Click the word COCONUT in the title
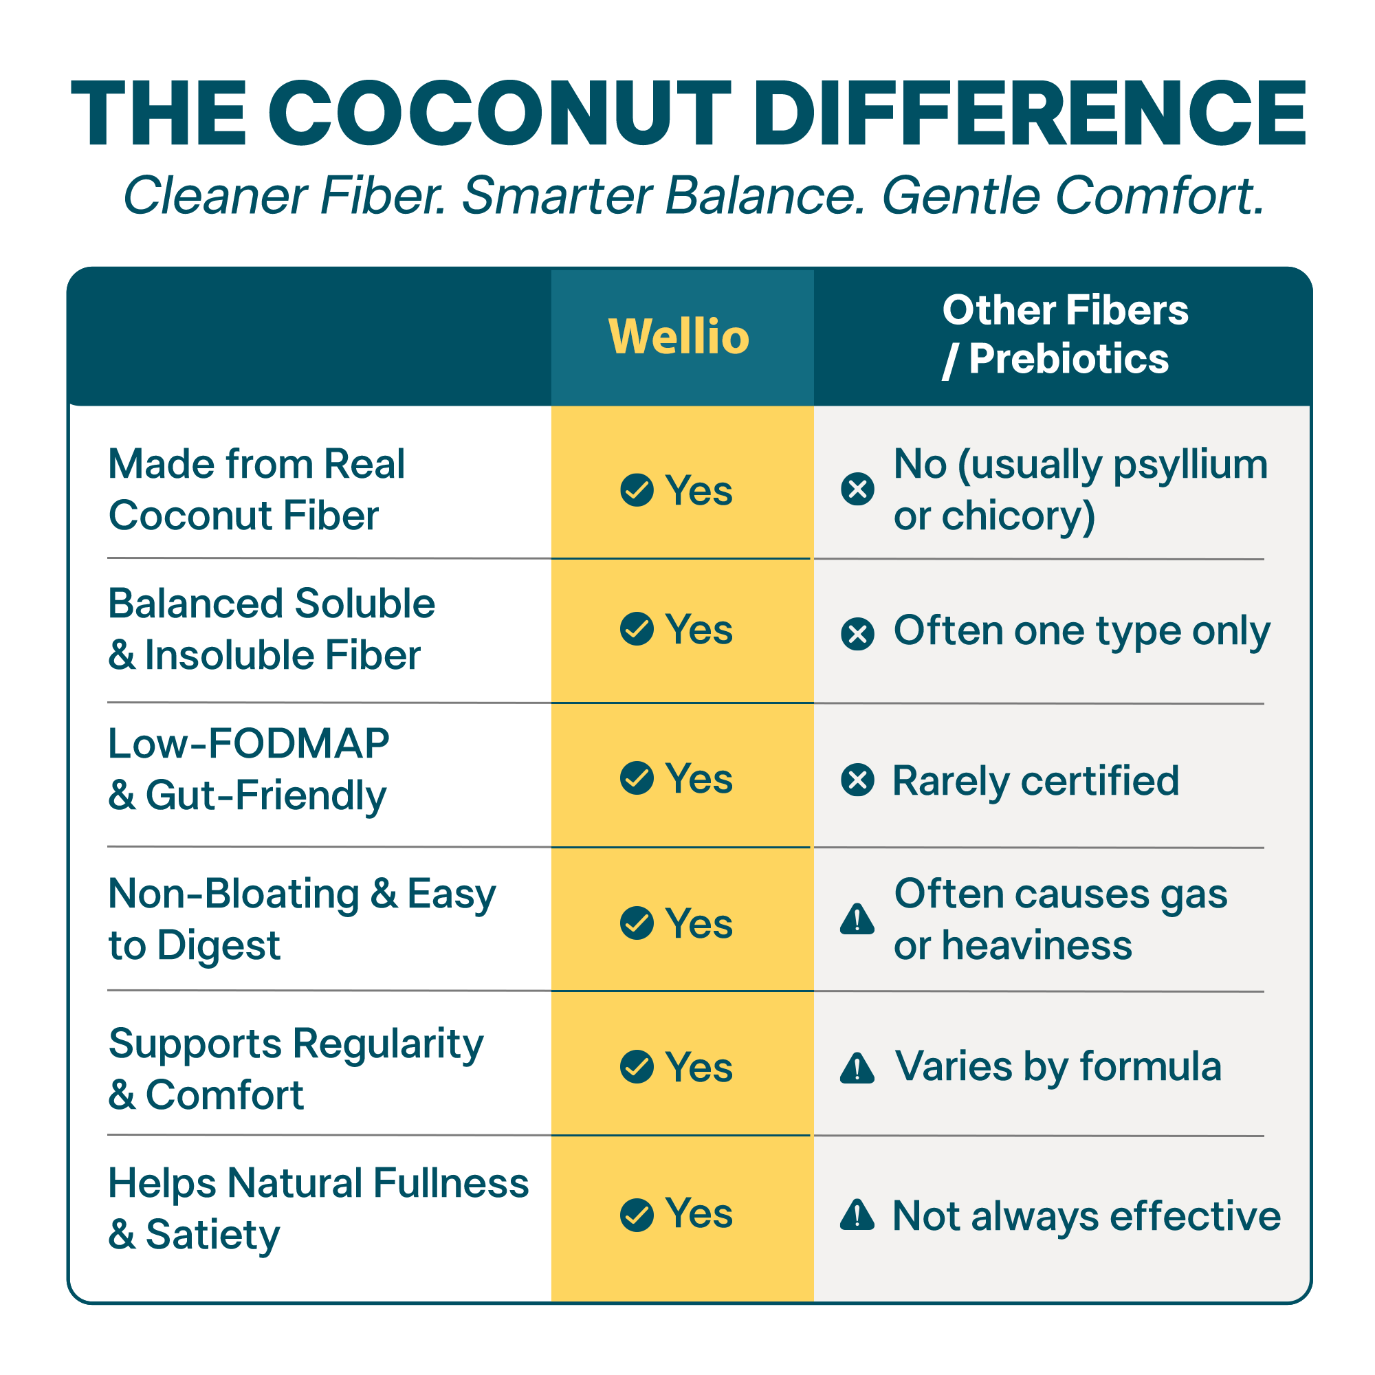pyautogui.click(x=499, y=114)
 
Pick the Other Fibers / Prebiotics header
pyautogui.click(x=1065, y=334)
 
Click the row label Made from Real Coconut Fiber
pyautogui.click(x=256, y=489)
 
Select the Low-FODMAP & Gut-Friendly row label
pyautogui.click(x=248, y=769)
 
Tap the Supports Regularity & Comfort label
pyautogui.click(x=296, y=1068)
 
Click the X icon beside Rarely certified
pyautogui.click(x=857, y=780)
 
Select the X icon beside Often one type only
pyautogui.click(x=857, y=633)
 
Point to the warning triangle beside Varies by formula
pyautogui.click(x=857, y=1068)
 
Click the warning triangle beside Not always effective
pyautogui.click(x=857, y=1215)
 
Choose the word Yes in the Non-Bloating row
pyautogui.click(x=698, y=923)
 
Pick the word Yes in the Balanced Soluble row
pyautogui.click(x=698, y=629)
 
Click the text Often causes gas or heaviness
pyautogui.click(x=1060, y=918)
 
